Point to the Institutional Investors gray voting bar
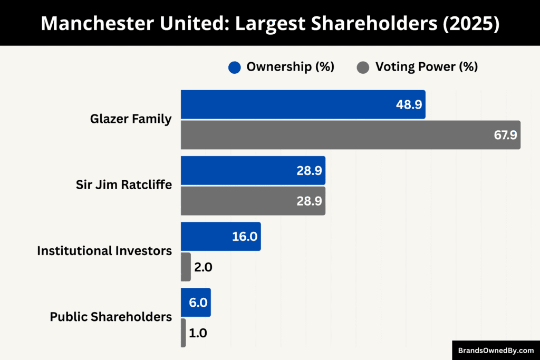[x=186, y=267]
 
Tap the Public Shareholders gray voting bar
[x=184, y=333]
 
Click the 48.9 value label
[x=409, y=104]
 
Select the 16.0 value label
[x=245, y=236]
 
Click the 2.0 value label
[x=203, y=267]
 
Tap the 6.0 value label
[x=198, y=303]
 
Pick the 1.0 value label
[x=198, y=333]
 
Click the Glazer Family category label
[x=131, y=119]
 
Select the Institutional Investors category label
[x=104, y=251]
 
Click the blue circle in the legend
[x=235, y=67]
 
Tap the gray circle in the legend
[x=363, y=67]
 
